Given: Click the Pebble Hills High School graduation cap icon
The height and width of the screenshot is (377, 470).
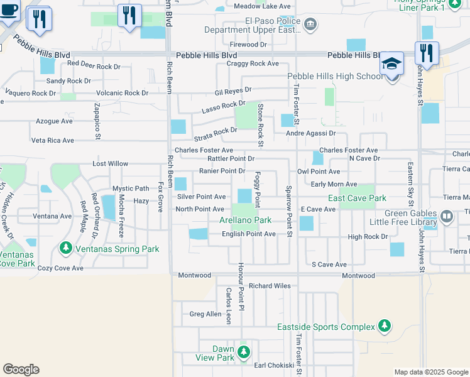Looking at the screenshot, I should (x=391, y=64).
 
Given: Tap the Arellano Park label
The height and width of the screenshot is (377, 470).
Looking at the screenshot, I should (x=245, y=221).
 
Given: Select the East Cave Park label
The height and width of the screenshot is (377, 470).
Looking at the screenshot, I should (x=357, y=198).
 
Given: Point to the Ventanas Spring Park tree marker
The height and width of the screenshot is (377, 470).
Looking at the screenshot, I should (x=66, y=249).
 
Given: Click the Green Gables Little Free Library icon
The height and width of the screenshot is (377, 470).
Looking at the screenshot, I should (x=447, y=217).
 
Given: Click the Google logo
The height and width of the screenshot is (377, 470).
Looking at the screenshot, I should (x=21, y=369).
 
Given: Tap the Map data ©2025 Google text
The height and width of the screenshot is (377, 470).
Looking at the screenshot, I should (x=430, y=372).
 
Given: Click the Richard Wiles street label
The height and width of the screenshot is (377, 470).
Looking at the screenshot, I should (x=270, y=286).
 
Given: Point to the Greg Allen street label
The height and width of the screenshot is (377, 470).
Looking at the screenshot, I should (x=205, y=314).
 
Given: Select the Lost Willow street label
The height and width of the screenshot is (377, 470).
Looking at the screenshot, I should (x=110, y=163).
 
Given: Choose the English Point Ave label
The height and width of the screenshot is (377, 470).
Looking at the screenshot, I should (x=249, y=234).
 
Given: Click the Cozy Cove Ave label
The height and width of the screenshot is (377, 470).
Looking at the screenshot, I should (x=60, y=268).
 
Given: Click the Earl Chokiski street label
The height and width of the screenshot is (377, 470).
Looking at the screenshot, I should (x=273, y=365).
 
